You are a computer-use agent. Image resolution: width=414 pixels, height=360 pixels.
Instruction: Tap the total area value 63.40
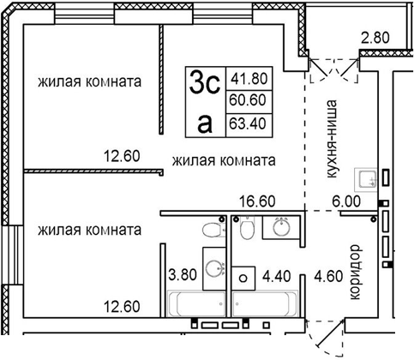click(x=246, y=123)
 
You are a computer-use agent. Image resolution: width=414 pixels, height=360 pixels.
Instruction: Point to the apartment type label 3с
click(x=206, y=84)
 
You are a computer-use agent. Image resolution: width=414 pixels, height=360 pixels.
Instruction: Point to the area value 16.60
click(x=255, y=203)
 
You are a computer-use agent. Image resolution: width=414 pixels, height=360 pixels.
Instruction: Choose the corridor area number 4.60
click(x=326, y=276)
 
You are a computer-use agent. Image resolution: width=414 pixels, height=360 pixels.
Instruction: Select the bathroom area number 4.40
click(x=278, y=276)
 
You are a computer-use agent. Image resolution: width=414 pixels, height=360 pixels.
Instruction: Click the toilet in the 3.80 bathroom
click(x=208, y=230)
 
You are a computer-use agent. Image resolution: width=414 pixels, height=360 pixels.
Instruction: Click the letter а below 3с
click(x=204, y=123)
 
